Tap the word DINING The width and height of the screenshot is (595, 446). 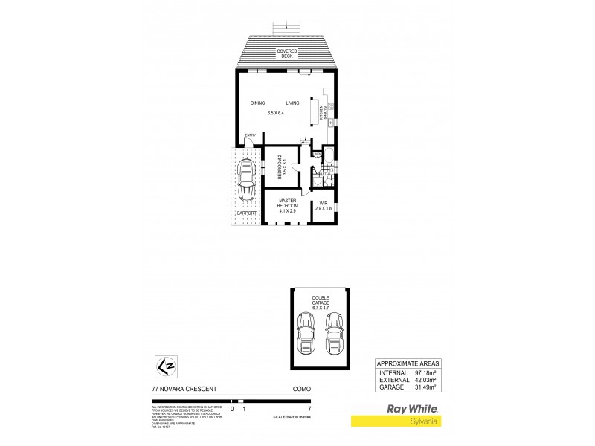258,103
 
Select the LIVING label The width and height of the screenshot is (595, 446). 293,103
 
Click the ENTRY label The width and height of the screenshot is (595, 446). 251,135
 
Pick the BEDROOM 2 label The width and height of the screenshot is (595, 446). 281,167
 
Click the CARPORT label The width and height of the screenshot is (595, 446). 246,213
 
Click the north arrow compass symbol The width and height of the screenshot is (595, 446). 166,366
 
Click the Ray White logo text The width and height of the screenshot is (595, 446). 411,407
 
